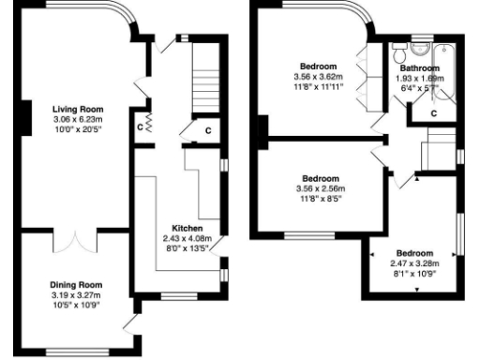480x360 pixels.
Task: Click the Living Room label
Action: coord(77,109)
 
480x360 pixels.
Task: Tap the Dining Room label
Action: coord(77,284)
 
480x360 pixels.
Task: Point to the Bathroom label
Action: coord(419,68)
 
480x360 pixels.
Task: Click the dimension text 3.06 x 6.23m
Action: coord(77,119)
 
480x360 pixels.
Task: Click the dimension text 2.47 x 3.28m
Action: coord(414,265)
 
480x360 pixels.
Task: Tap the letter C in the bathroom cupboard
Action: coord(434,113)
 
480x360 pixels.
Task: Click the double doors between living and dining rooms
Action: coord(69,241)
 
